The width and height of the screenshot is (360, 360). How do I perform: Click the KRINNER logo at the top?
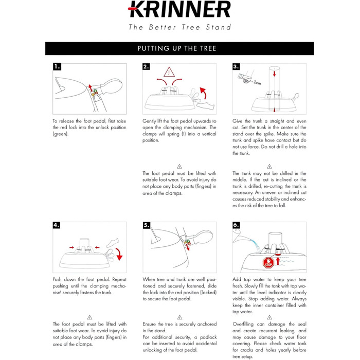click(x=179, y=10)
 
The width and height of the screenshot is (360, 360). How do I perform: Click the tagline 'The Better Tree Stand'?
click(x=179, y=27)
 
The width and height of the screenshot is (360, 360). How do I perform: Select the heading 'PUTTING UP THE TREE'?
click(x=177, y=48)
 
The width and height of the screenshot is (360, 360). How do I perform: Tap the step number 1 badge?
click(x=57, y=66)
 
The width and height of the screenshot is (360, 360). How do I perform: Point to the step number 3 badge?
click(x=236, y=66)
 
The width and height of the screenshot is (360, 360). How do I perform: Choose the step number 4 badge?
click(x=57, y=225)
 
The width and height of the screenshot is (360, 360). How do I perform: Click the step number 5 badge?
click(x=147, y=225)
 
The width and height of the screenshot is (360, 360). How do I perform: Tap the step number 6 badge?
click(x=236, y=225)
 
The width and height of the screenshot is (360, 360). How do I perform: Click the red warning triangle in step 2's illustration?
click(x=169, y=72)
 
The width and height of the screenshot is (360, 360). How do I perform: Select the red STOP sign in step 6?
click(x=267, y=262)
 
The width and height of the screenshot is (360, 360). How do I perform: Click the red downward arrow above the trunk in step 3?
click(x=274, y=74)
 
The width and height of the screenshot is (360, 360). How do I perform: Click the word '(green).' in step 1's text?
click(x=61, y=134)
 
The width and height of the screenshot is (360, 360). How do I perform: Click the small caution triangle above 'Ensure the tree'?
click(x=179, y=317)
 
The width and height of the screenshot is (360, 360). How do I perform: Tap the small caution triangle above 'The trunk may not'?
click(x=269, y=166)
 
